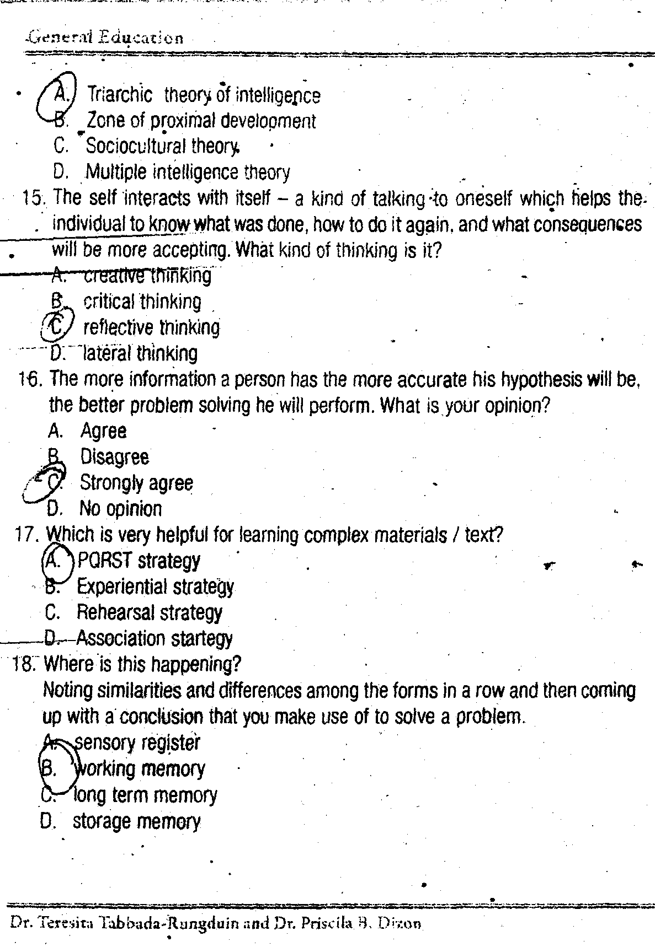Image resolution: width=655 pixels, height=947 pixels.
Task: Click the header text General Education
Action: [105, 37]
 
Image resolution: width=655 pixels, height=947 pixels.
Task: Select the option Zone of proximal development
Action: [201, 121]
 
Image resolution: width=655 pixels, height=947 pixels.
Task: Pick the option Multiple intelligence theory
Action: [188, 173]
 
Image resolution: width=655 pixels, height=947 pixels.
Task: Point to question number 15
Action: [34, 197]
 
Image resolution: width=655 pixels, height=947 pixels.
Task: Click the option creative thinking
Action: [147, 275]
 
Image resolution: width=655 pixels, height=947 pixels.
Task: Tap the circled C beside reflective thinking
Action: [57, 327]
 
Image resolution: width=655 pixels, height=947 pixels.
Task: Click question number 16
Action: [30, 379]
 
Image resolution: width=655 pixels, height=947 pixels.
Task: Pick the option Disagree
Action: [114, 457]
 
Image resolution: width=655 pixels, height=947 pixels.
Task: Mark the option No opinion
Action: [120, 508]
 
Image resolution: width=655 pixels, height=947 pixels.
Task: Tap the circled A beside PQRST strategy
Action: [54, 561]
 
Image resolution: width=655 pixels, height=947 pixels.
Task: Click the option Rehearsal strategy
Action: [149, 612]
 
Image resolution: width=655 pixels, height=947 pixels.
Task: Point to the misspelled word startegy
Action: [201, 638]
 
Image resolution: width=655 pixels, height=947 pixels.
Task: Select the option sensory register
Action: [136, 743]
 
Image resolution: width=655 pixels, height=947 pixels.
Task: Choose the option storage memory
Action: [136, 821]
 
